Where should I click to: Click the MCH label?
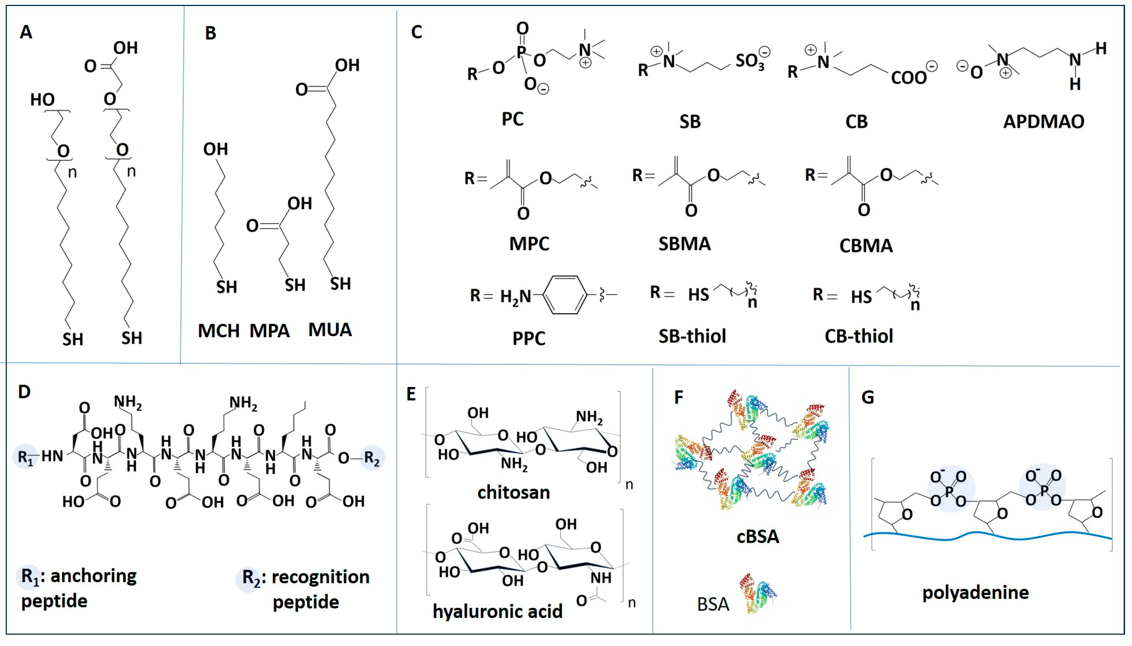(x=218, y=331)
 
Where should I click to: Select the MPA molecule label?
(x=269, y=331)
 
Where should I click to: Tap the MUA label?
(x=330, y=330)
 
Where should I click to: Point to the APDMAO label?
(x=1043, y=122)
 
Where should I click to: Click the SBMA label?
(x=684, y=244)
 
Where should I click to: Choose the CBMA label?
(x=866, y=246)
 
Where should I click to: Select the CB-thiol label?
(x=859, y=336)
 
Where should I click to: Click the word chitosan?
(x=514, y=492)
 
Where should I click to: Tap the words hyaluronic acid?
(x=497, y=611)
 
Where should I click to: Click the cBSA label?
(x=757, y=537)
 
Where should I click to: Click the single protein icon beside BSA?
(x=758, y=593)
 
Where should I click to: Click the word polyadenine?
(x=975, y=593)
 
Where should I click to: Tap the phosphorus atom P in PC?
(x=522, y=52)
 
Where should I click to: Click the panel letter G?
(x=867, y=397)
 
